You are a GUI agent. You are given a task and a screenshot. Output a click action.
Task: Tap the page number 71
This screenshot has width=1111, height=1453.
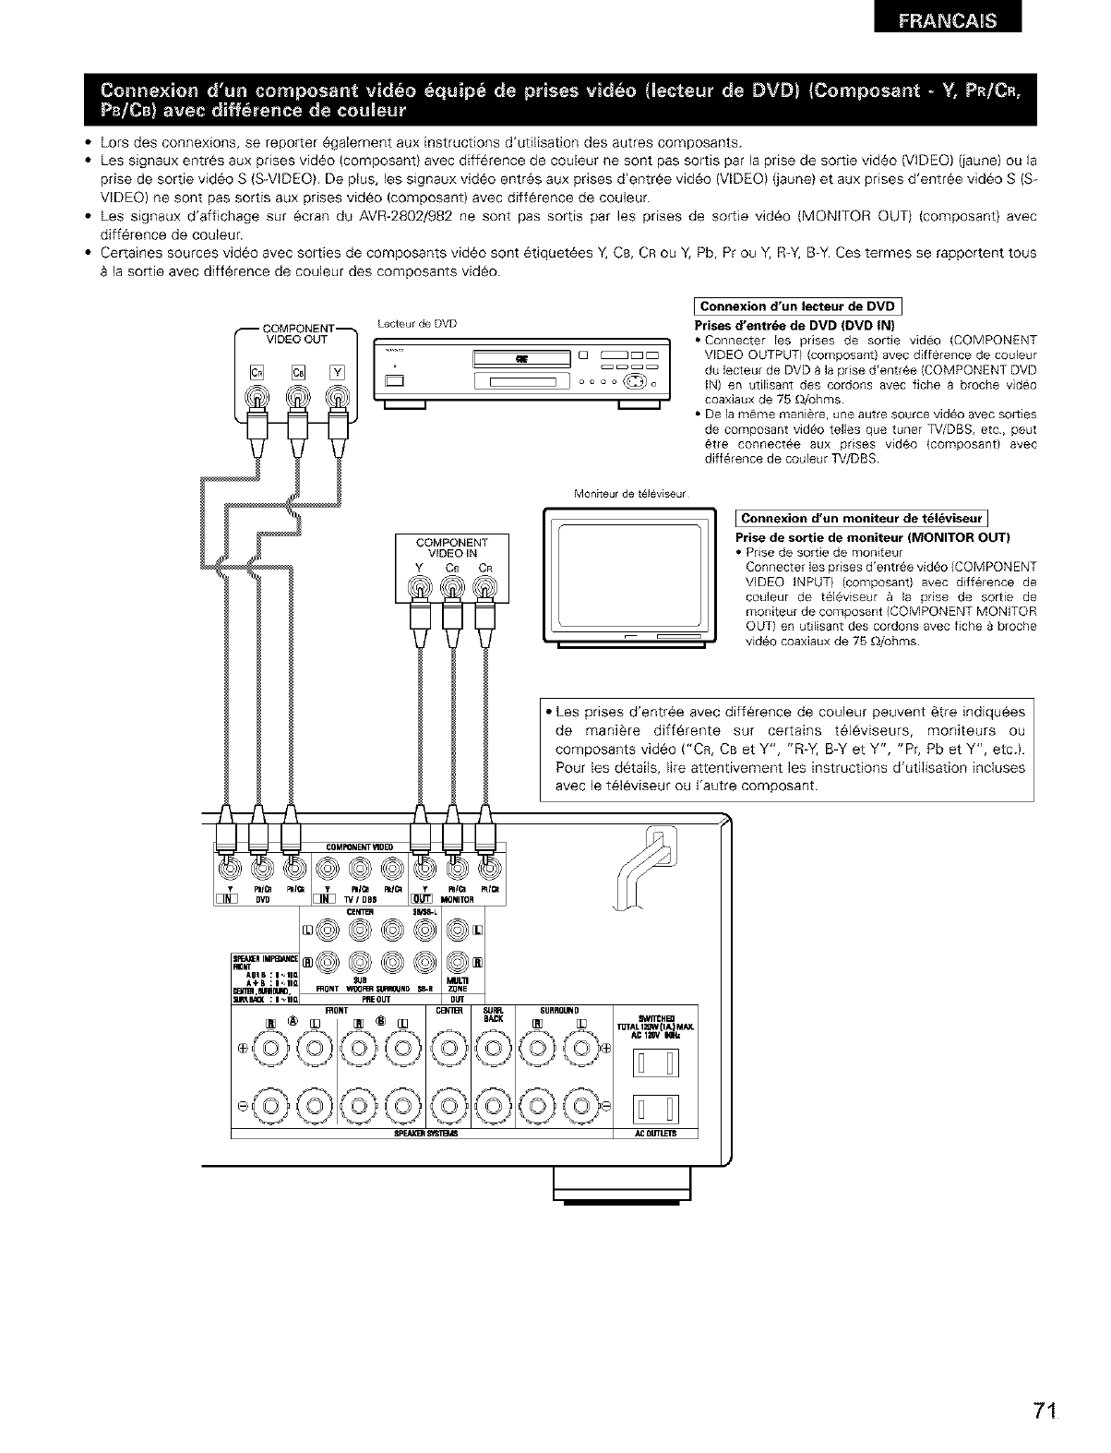[1045, 1411]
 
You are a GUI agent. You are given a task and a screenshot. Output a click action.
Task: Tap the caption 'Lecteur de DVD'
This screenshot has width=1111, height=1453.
[418, 323]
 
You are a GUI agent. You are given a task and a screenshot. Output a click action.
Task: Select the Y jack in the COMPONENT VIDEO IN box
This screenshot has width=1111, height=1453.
[420, 589]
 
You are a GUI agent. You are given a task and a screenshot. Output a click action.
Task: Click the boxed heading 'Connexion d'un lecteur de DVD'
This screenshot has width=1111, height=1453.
[796, 307]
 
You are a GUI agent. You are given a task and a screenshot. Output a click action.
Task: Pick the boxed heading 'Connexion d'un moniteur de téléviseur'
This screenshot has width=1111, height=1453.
[862, 518]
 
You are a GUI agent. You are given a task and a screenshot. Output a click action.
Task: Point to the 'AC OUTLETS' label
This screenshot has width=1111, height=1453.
[656, 1135]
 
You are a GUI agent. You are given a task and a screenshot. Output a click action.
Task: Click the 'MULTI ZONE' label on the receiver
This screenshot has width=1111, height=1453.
[458, 984]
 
